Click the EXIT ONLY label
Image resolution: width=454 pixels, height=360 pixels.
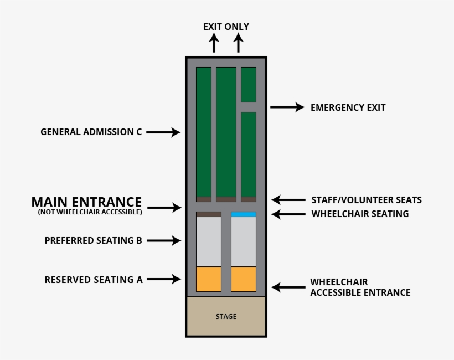[x=226, y=27]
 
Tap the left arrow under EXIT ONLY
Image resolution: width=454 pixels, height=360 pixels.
[x=214, y=43]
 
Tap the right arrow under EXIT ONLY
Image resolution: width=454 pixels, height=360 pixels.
[x=238, y=43]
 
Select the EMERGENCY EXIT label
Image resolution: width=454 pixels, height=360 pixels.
[x=348, y=107]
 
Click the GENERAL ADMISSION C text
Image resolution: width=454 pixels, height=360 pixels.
[x=91, y=132]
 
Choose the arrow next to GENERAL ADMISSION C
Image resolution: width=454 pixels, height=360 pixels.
[x=164, y=132]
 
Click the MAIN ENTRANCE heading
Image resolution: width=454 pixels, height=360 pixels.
[x=86, y=202]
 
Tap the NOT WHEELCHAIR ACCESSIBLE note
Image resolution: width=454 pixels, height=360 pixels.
[x=90, y=212]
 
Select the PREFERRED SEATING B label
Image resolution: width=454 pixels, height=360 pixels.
[x=94, y=241]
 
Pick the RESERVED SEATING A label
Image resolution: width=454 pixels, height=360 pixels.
[x=94, y=280]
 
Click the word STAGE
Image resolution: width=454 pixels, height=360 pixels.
[x=226, y=317]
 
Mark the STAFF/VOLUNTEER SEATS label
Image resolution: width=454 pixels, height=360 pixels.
[x=367, y=200]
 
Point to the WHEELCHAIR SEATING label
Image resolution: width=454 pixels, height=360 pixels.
[x=360, y=214]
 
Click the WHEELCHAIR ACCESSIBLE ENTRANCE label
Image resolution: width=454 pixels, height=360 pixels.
[x=360, y=287]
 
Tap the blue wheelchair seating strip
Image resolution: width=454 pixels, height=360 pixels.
[x=244, y=214]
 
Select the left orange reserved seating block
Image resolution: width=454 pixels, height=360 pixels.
[x=209, y=279]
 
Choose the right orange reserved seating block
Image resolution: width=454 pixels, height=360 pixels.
[x=244, y=279]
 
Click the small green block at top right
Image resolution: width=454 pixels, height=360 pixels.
[x=249, y=84]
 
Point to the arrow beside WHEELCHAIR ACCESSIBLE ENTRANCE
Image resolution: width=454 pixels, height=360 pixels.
[x=288, y=287]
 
